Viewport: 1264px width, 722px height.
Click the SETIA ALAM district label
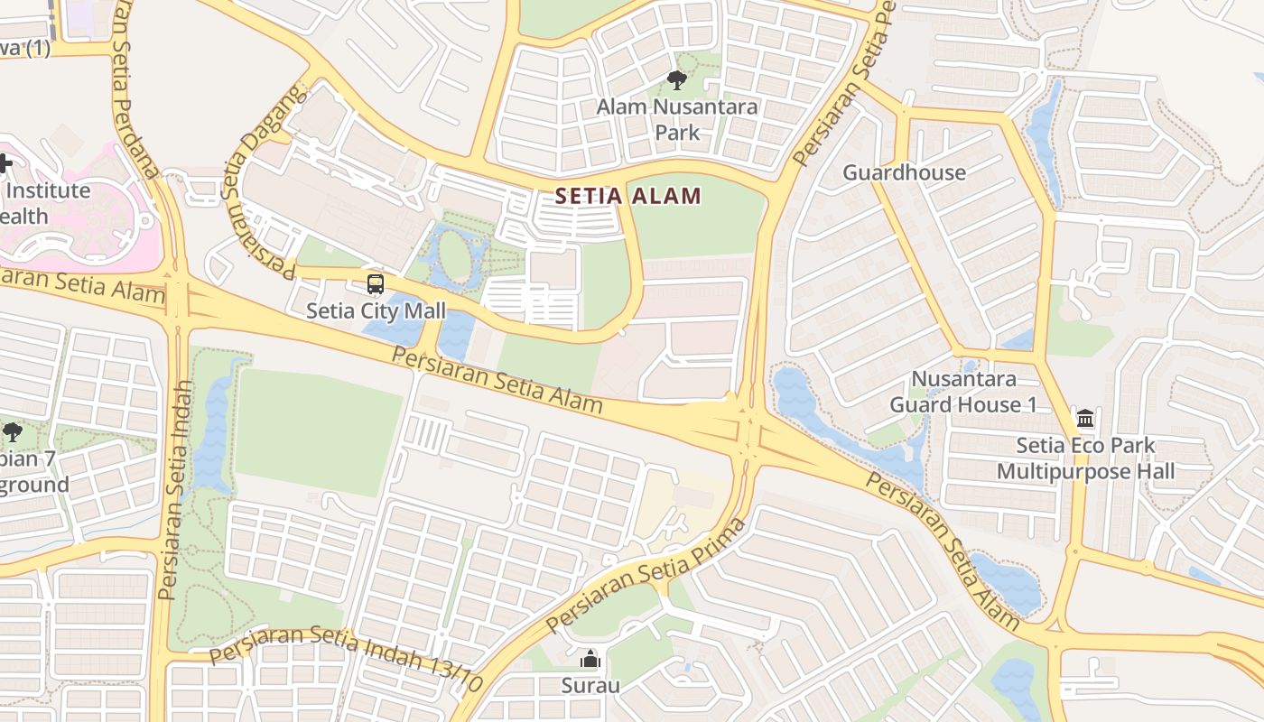627,196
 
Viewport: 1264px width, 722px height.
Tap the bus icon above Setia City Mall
376,285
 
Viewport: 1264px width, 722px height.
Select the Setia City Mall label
376,311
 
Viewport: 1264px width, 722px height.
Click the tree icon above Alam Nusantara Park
676,81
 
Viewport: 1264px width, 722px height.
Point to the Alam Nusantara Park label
677,119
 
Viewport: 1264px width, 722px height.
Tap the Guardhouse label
904,172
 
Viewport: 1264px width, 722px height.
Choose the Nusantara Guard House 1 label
963,392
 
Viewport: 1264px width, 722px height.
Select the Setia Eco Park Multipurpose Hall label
1085,458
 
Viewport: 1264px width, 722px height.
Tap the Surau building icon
590,660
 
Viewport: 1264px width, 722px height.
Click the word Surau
590,685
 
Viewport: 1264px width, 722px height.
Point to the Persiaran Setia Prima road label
646,575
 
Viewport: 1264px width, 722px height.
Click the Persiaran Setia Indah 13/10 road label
347,656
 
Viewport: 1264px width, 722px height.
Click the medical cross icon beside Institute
5,164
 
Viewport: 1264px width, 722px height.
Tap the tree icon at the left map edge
12,432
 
